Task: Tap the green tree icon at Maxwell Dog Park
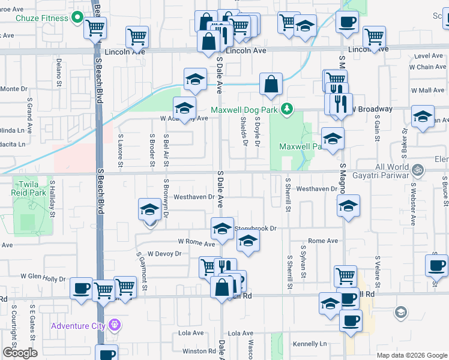288,108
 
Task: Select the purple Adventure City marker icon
115,326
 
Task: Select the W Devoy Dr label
164,254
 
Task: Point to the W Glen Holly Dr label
43,277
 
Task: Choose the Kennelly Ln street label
310,344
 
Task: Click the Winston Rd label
199,351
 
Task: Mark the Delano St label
59,70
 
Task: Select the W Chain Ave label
429,67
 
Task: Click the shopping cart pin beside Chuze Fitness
95,27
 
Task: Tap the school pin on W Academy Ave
184,108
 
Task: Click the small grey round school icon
400,312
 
